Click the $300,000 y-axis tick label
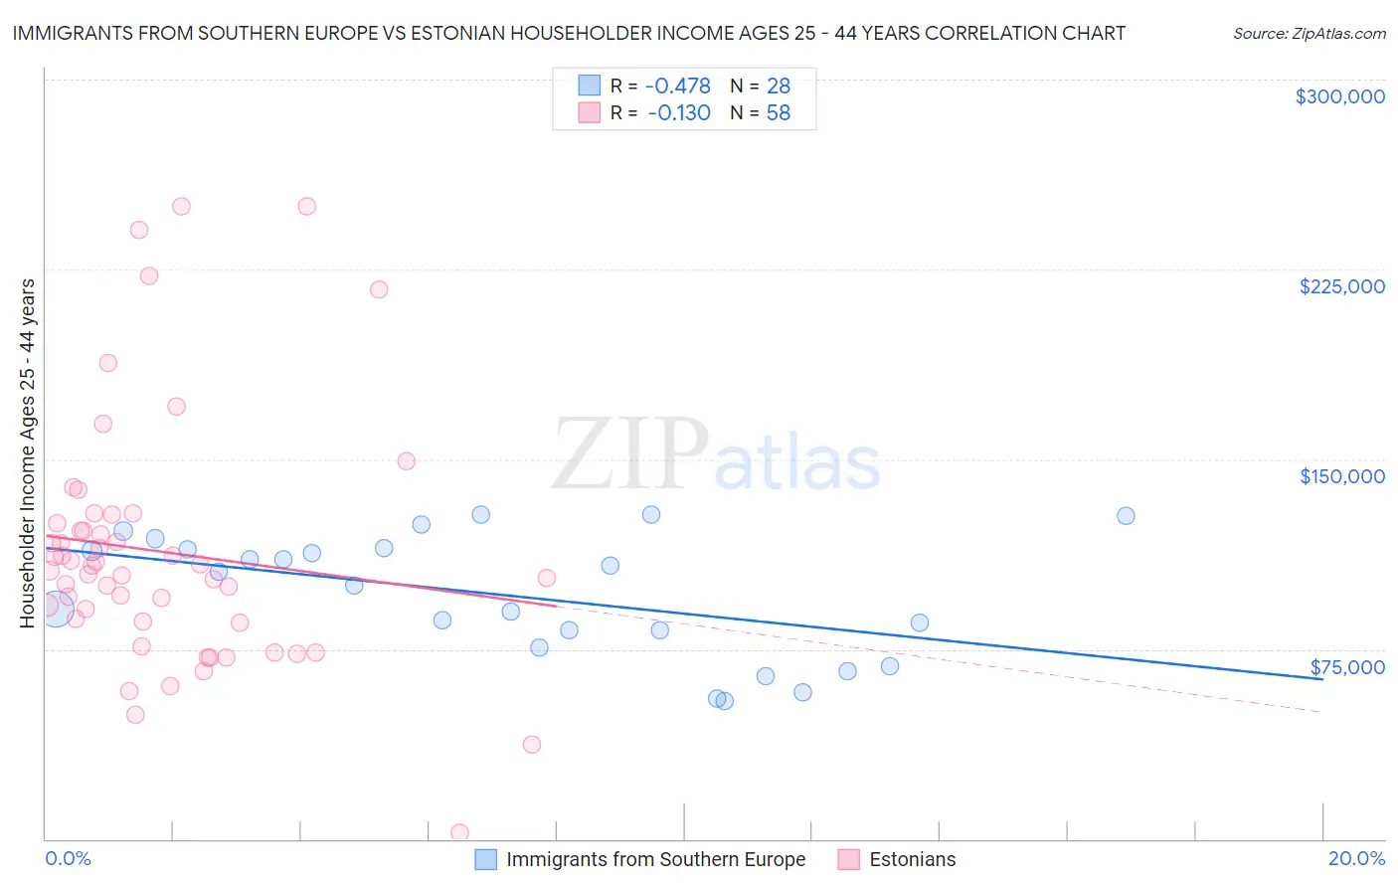point(1339,96)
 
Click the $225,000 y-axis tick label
point(1341,286)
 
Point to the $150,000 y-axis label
point(1341,476)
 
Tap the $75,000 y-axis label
point(1347,667)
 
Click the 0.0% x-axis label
point(69,858)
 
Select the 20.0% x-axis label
point(1356,858)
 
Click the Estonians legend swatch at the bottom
point(848,859)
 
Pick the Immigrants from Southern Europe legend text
point(655,859)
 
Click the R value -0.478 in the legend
point(678,86)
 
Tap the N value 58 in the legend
point(778,113)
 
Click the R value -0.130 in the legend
point(678,113)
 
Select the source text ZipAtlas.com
point(1309,33)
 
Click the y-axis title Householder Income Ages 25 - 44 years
point(27,453)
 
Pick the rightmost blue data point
point(1126,515)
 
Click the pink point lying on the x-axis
point(459,832)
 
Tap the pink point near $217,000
point(378,289)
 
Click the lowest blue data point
point(724,701)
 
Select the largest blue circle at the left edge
point(56,608)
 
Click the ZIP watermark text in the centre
point(630,455)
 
